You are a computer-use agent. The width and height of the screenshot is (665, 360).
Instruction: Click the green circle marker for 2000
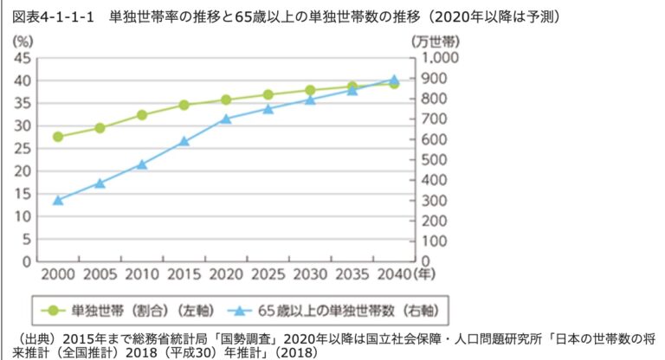coord(58,137)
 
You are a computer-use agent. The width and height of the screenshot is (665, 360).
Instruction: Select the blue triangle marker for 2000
coord(58,200)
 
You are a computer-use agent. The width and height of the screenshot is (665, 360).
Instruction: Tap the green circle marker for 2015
coord(184,105)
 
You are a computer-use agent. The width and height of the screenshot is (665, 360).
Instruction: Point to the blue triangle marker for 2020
coord(226,119)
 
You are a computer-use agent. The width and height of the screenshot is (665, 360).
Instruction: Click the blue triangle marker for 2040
coord(394,80)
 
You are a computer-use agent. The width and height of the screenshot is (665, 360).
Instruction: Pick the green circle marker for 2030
coord(310,90)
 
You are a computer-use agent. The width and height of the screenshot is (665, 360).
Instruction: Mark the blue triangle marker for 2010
coord(142,164)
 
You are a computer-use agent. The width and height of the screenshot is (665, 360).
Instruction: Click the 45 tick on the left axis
coord(24,58)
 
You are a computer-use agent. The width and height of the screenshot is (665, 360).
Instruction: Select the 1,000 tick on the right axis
coord(442,58)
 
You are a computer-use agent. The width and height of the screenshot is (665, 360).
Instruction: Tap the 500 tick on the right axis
coord(437,159)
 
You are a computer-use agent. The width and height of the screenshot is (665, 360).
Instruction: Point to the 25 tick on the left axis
coord(24,148)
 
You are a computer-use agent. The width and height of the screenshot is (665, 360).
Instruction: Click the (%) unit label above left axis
coord(23,40)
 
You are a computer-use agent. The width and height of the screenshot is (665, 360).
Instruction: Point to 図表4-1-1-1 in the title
coord(52,16)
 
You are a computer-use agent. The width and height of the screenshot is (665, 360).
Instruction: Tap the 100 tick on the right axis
coord(437,241)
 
